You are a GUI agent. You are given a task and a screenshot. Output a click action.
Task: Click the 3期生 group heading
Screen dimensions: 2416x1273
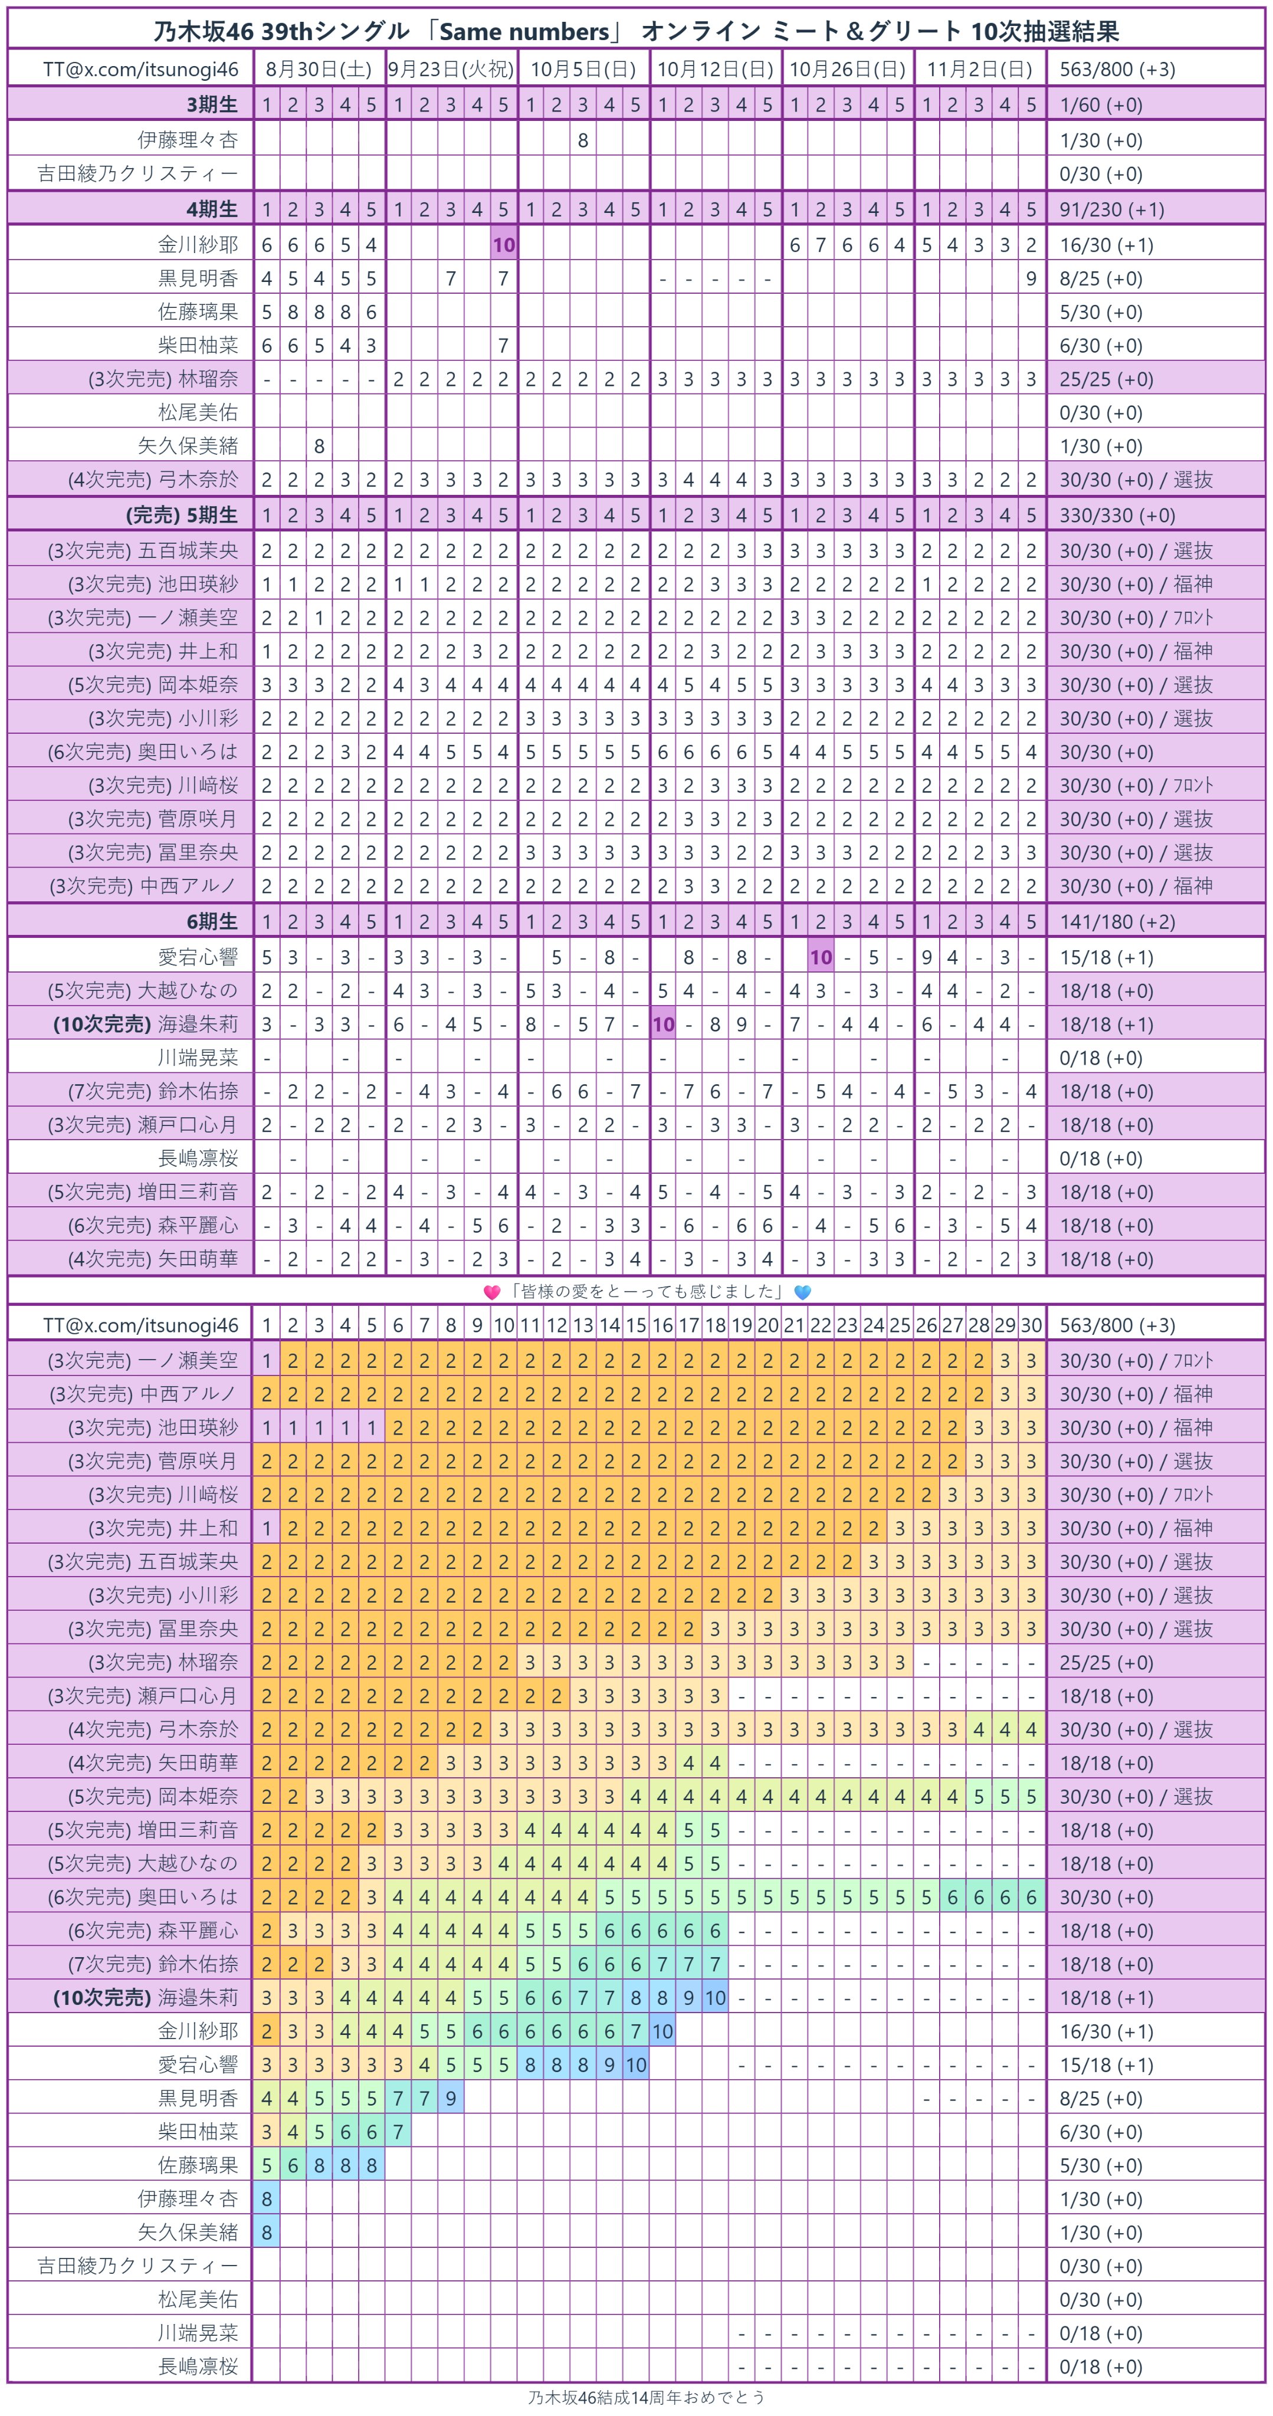212,104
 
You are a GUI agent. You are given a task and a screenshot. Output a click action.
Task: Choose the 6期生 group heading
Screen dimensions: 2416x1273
212,921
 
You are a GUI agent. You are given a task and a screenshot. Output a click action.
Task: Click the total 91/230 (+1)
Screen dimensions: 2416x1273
1111,209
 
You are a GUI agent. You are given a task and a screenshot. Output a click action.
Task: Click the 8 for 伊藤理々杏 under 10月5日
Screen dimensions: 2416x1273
583,140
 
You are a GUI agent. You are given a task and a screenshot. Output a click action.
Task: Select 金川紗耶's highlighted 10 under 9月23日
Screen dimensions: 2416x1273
504,245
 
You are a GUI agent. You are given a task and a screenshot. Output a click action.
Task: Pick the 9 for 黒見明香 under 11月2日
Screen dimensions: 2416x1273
1031,278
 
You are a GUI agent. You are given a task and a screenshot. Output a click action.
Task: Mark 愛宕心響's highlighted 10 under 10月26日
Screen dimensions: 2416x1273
821,957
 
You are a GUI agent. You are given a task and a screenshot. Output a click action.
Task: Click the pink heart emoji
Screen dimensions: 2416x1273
491,1292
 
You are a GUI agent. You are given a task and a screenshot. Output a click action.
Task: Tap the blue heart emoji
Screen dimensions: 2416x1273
802,1292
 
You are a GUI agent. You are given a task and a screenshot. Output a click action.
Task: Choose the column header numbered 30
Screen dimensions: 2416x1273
1031,1325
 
